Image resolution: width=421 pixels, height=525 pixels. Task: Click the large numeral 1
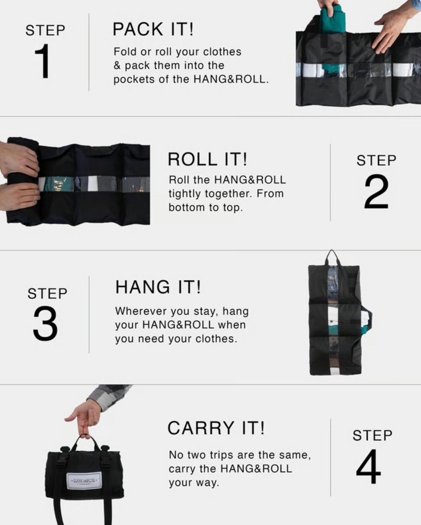(x=43, y=61)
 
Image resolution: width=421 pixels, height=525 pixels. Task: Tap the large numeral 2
(x=376, y=191)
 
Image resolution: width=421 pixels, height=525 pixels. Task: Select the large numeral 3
(x=45, y=323)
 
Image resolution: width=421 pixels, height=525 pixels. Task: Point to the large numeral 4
(x=368, y=466)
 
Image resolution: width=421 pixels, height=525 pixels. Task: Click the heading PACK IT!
(x=153, y=29)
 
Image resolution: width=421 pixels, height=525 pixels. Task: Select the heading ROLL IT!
(x=207, y=159)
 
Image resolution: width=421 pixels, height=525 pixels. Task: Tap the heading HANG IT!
(x=158, y=287)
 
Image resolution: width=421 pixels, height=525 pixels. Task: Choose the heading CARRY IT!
(x=216, y=428)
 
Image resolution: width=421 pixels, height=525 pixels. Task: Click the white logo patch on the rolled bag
(x=84, y=481)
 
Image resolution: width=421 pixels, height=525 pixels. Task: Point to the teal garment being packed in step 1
(x=332, y=20)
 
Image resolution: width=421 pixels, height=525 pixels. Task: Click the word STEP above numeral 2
(x=376, y=161)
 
